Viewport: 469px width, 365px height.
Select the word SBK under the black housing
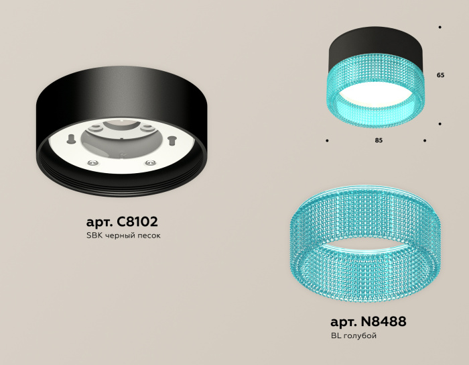click(x=94, y=236)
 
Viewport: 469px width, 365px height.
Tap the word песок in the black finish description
click(x=149, y=236)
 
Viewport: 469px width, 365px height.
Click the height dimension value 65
click(x=440, y=75)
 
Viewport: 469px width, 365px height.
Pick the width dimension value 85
click(x=379, y=141)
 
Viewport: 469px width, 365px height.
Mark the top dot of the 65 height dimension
click(x=440, y=27)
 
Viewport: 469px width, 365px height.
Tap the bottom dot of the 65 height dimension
click(x=440, y=124)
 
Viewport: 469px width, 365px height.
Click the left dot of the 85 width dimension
click(x=327, y=141)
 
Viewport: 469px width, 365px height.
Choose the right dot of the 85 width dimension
click(x=425, y=141)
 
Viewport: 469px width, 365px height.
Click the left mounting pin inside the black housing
click(x=69, y=139)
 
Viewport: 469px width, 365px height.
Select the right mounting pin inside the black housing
click(x=172, y=140)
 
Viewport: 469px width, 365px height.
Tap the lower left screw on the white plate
click(x=93, y=162)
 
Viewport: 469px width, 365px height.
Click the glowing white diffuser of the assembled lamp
click(x=376, y=96)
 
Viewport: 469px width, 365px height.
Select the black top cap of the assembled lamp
click(x=376, y=45)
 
